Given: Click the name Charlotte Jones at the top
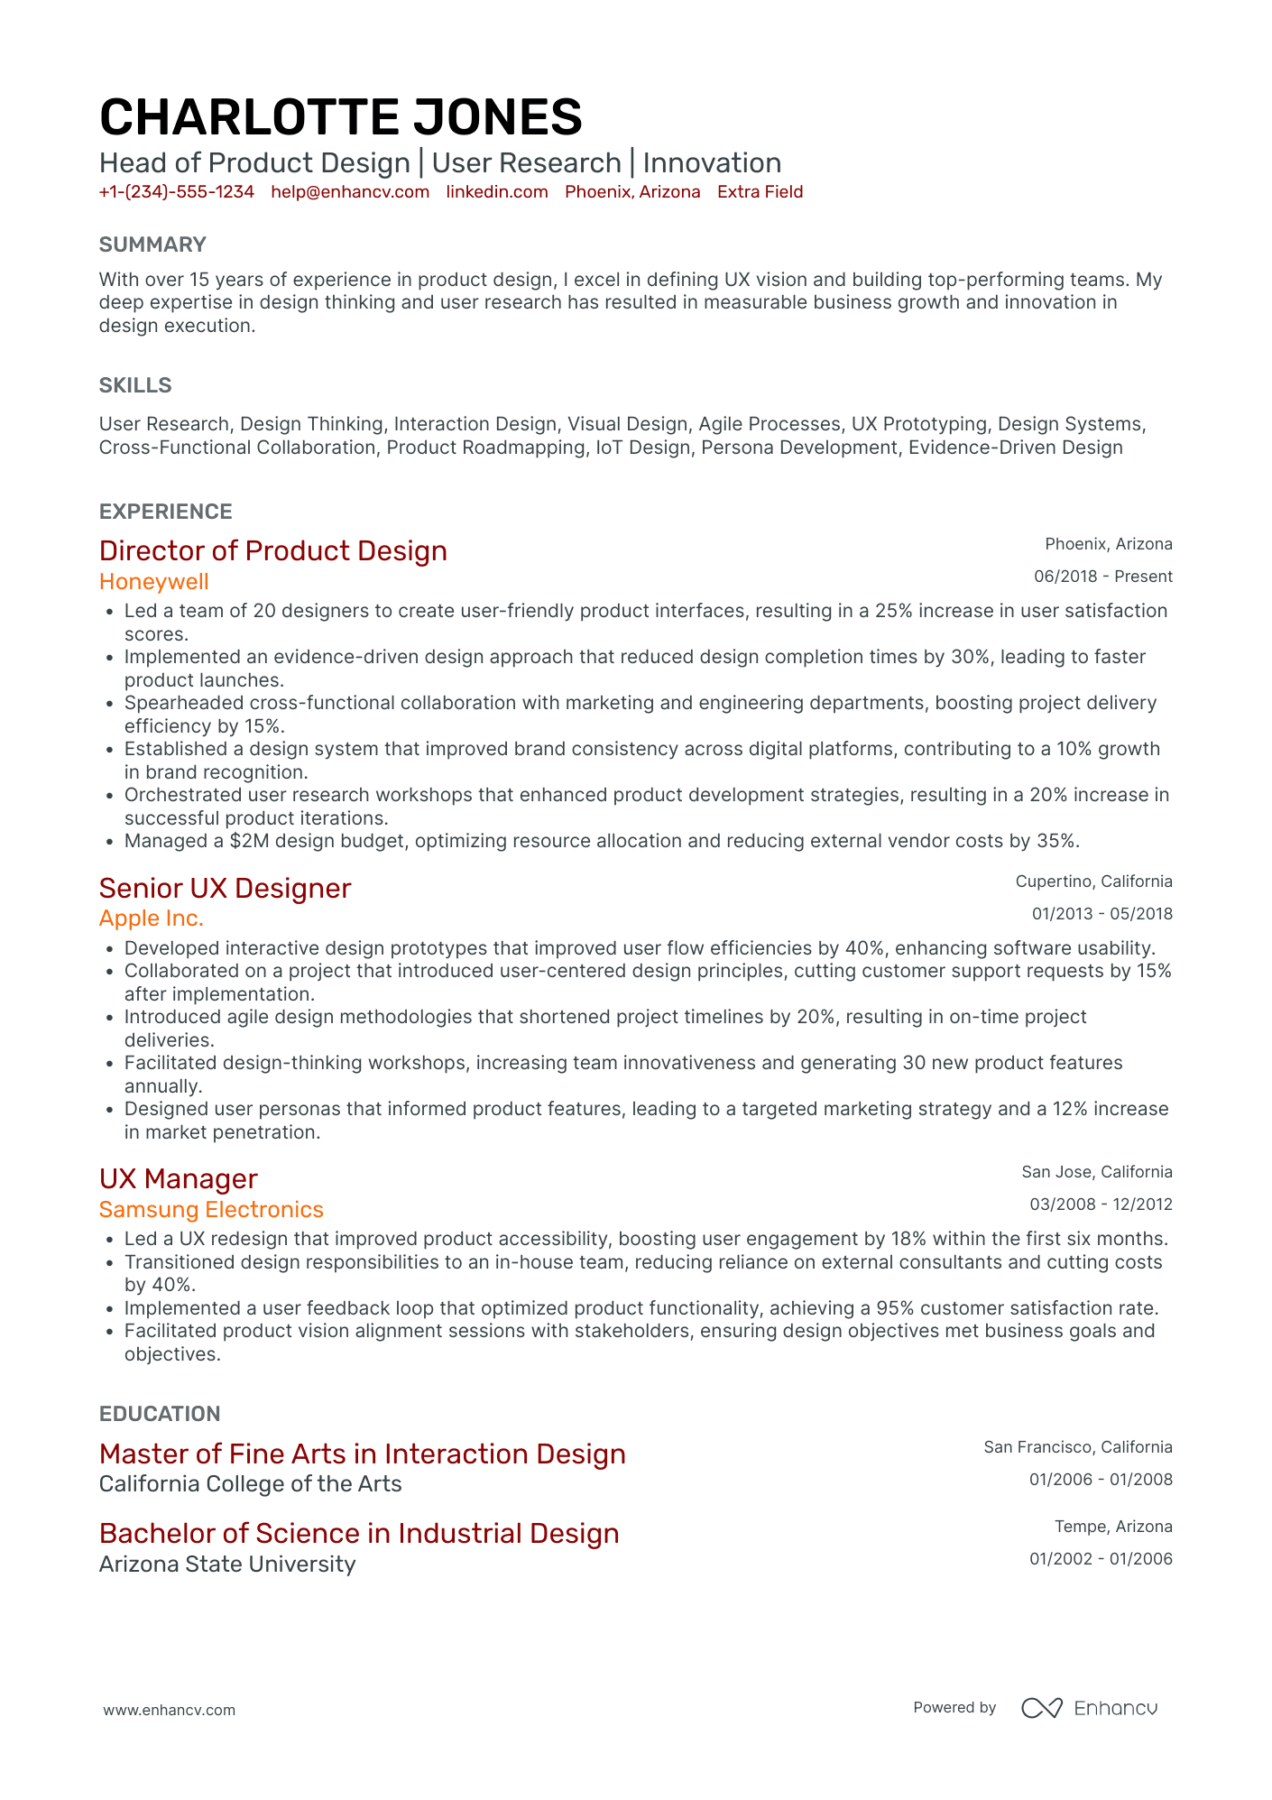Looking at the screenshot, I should pos(340,117).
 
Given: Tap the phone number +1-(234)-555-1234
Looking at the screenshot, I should pos(177,192).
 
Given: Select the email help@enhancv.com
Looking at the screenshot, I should pos(350,192).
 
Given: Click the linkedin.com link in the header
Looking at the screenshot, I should pos(497,192).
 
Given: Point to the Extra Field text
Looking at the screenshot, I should pos(760,192).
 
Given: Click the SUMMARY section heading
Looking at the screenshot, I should pos(152,245).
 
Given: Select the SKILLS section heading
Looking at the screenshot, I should pos(135,385).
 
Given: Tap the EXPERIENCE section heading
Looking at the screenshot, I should pos(166,512).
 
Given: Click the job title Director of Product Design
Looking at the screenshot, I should pos(272,550).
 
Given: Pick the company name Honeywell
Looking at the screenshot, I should pos(154,582).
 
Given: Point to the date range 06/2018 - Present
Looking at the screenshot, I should pos(1102,577).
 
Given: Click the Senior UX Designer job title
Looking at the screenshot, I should pos(225,888).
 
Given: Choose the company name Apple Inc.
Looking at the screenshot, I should pos(152,918).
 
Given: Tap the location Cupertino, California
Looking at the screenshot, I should pos(1093,882).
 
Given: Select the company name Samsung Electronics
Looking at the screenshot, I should pos(211,1210).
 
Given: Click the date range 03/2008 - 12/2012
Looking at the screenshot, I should pos(1101,1205).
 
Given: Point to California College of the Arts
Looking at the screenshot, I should pos(250,1484).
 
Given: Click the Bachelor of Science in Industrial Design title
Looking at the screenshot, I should pos(359,1534).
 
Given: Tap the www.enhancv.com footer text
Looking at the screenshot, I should pos(169,1710).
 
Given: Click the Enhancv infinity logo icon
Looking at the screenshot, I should pos(1041,1708).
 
